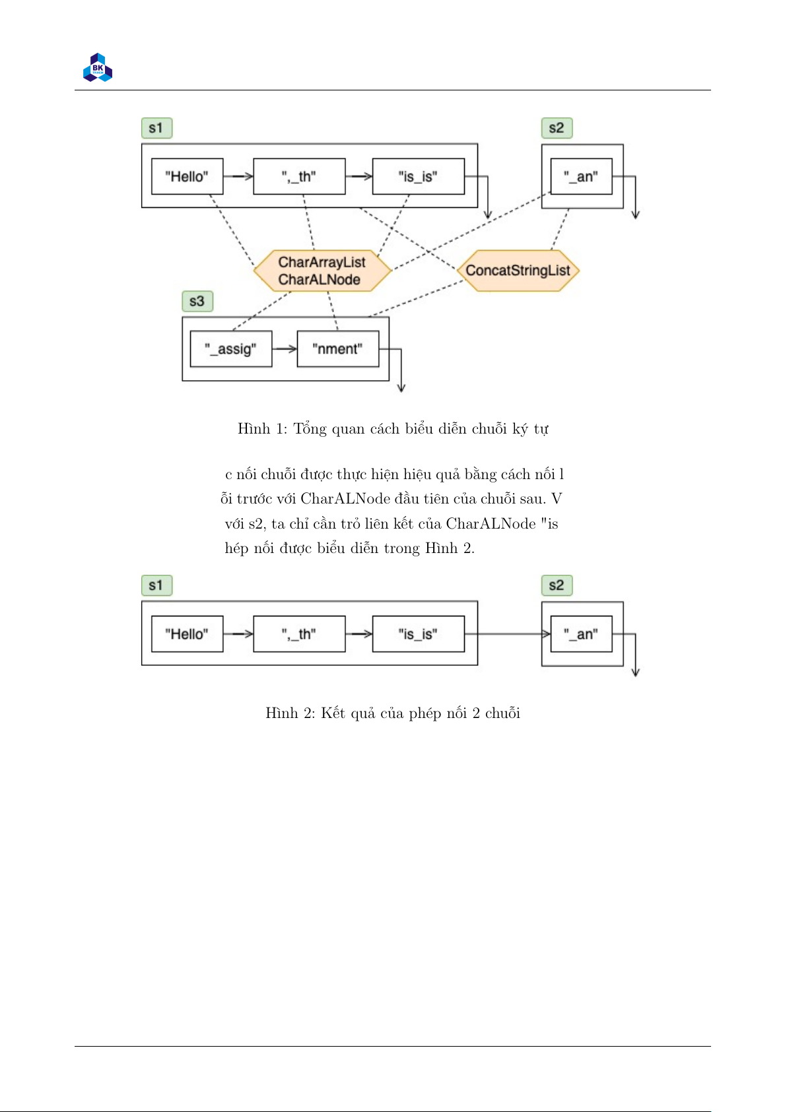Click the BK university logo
tap(97, 67)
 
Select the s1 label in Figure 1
tap(157, 128)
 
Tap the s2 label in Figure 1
tap(557, 128)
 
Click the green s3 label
tap(197, 302)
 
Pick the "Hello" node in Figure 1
tap(188, 176)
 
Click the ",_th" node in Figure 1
tap(299, 176)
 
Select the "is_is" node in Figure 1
tap(419, 176)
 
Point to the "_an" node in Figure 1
tap(582, 176)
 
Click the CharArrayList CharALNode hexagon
tap(322, 271)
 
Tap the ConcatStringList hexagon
tap(518, 271)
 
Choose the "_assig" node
tap(231, 349)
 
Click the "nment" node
tap(337, 349)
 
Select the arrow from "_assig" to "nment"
tap(285, 349)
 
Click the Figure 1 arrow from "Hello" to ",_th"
tap(238, 176)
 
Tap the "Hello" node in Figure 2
tap(188, 634)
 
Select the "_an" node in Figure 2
tap(582, 634)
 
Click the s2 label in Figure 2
tap(557, 585)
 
